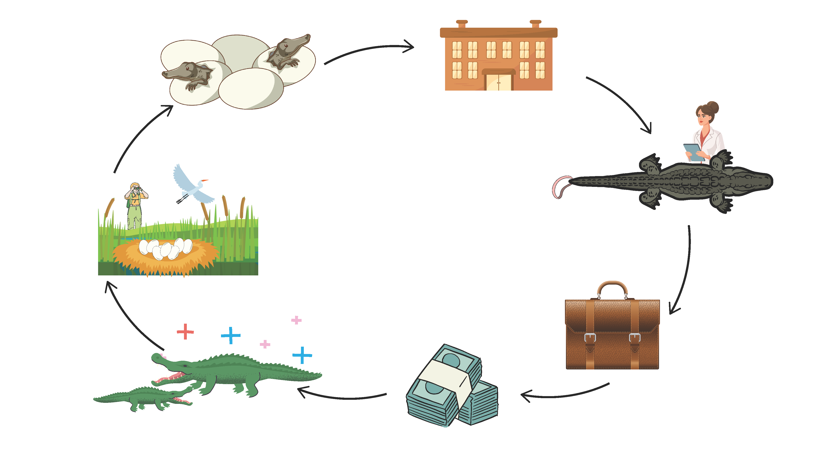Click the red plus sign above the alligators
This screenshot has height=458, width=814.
coord(185,332)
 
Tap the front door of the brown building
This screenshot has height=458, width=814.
coord(499,82)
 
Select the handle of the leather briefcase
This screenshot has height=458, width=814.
coord(612,286)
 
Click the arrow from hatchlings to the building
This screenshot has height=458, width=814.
coord(370,50)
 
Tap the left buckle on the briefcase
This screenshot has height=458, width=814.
coord(590,338)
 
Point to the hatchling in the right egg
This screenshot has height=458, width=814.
coord(286,50)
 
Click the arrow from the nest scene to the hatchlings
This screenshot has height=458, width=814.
coord(139,136)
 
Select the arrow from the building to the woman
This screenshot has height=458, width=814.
coord(623,101)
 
